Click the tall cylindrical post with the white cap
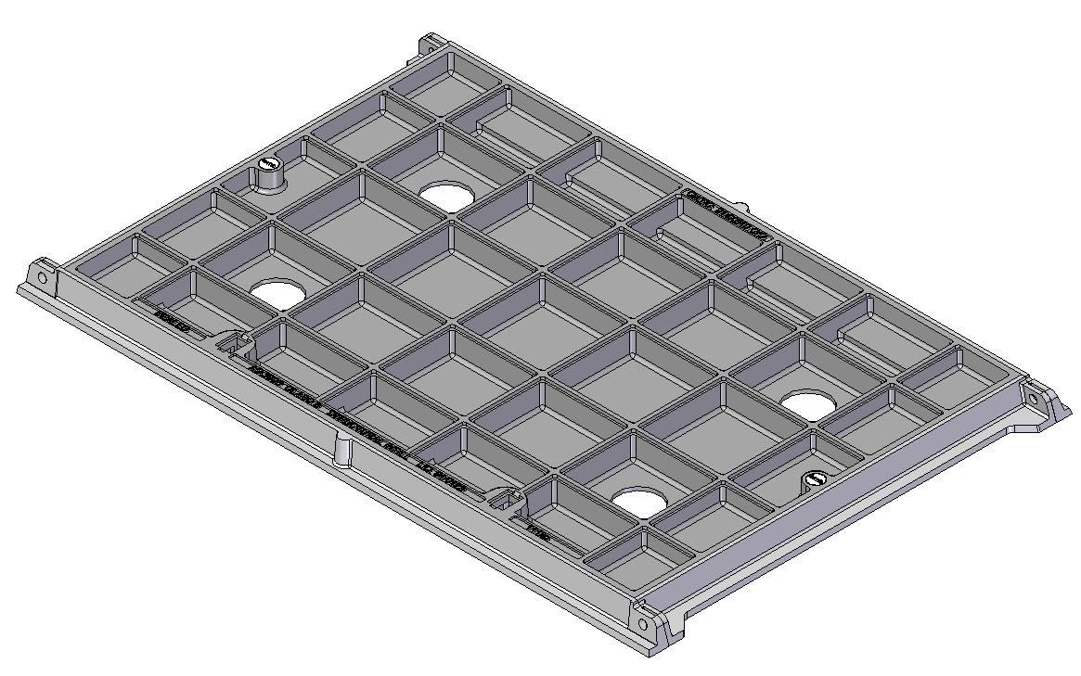tap(268, 172)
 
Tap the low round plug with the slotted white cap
tap(815, 480)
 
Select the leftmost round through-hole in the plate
tap(277, 293)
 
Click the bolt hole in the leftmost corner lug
tap(42, 277)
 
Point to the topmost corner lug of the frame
tap(429, 43)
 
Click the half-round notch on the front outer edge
tap(342, 452)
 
